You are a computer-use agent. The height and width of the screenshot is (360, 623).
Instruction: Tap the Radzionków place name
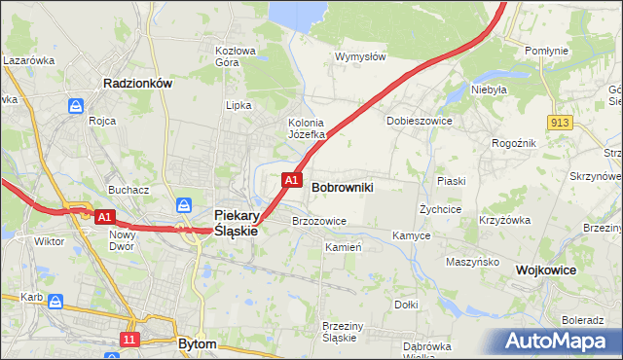[137, 84]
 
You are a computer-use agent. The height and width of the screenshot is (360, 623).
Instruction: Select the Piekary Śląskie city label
[235, 223]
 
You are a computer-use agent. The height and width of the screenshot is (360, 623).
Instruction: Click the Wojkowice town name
[546, 269]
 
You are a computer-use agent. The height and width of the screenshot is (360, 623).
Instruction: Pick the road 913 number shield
[559, 122]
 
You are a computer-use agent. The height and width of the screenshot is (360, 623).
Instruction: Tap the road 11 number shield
[129, 339]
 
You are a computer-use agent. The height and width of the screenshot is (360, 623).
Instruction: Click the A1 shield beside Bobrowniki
[290, 180]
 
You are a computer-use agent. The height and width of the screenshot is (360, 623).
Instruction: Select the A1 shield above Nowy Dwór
[107, 217]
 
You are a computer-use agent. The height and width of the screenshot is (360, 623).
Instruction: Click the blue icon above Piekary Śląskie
[184, 205]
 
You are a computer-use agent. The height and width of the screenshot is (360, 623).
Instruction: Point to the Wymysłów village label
[360, 56]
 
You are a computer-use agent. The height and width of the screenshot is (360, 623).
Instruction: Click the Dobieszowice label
[418, 121]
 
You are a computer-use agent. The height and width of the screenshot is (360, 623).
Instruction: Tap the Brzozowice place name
[319, 221]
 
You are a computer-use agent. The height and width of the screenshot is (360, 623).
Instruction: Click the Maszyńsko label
[473, 262]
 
